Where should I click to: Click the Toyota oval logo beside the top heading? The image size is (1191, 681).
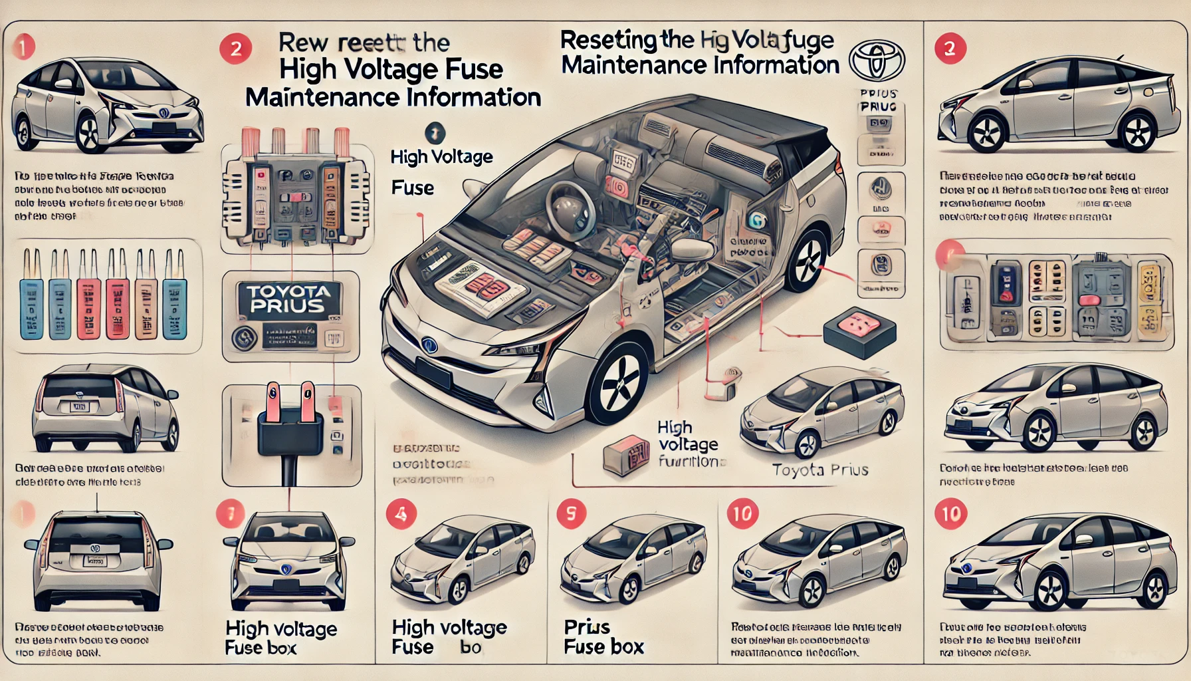(877, 61)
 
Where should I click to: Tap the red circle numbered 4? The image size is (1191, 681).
(401, 514)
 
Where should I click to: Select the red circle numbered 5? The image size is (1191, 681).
(571, 514)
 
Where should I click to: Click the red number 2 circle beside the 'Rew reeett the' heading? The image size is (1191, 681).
(235, 49)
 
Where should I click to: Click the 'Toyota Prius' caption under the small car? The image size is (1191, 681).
(820, 470)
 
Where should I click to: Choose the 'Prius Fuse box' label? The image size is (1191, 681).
(603, 637)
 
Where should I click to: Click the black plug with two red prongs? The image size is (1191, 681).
(290, 426)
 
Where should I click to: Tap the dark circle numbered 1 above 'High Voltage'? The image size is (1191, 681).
(434, 133)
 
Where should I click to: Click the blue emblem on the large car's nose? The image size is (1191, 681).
(429, 345)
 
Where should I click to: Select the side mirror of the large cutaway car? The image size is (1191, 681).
(691, 249)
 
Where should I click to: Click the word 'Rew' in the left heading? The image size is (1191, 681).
(304, 43)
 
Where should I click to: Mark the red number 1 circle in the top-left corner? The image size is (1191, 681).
(23, 48)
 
